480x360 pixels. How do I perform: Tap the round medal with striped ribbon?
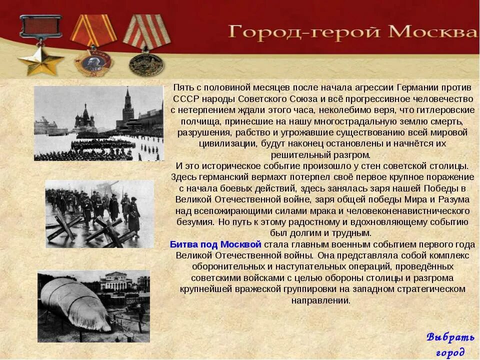tap(146, 64)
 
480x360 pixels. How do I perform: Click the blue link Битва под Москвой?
tap(215, 244)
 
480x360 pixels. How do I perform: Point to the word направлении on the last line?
tap(320, 300)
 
